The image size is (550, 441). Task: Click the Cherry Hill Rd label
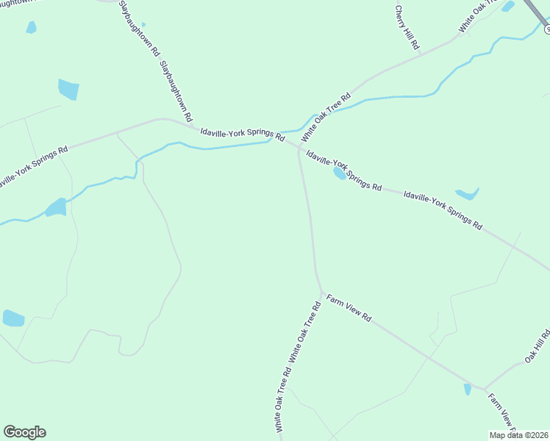(407, 27)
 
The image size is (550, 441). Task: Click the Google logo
(24, 432)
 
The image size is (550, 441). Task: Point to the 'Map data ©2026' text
(518, 435)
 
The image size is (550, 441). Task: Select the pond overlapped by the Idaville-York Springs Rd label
(339, 173)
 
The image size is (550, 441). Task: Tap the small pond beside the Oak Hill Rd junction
(468, 389)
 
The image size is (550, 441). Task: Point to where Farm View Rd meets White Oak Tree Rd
(321, 293)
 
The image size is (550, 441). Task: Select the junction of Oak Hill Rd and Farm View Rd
(484, 389)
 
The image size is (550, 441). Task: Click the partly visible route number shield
(547, 28)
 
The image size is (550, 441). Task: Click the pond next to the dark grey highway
(507, 7)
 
